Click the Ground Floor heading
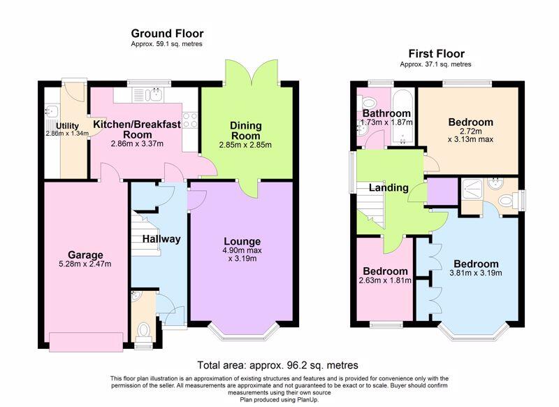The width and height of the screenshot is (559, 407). (167, 34)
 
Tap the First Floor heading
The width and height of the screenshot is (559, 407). (436, 54)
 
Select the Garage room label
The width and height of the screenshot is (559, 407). (85, 255)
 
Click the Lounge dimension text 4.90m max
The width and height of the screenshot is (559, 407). (242, 250)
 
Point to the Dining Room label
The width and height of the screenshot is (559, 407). (246, 131)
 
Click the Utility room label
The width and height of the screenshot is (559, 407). (67, 126)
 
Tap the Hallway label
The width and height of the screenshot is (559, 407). (161, 239)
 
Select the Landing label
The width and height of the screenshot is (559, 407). (389, 187)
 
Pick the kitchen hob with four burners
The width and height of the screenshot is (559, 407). (190, 120)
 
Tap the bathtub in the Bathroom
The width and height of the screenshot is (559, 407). (403, 117)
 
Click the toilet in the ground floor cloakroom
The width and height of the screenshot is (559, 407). (143, 330)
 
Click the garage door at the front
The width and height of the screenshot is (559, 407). (86, 342)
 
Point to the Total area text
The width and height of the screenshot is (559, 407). (277, 365)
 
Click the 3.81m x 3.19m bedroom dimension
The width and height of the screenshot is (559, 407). (476, 273)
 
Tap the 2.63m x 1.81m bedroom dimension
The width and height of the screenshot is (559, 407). (385, 280)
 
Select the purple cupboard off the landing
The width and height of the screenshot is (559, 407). (442, 192)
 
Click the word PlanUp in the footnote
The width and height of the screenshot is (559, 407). (307, 400)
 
